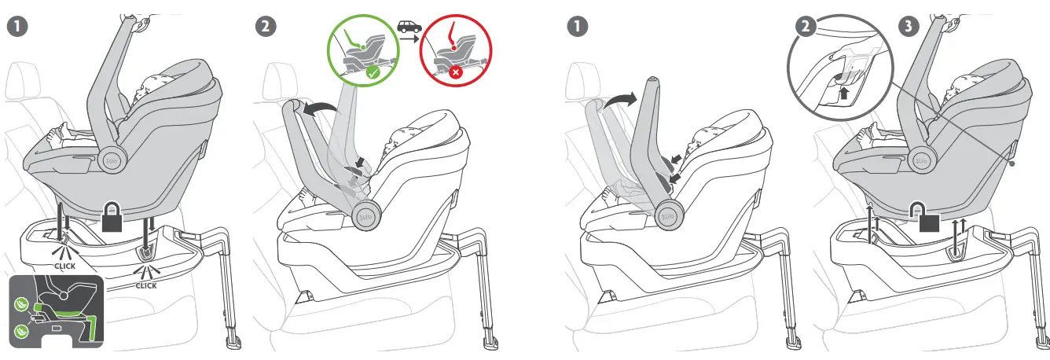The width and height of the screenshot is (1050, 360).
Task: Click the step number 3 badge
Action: [909, 26]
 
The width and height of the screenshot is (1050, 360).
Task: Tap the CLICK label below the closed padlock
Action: [145, 285]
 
